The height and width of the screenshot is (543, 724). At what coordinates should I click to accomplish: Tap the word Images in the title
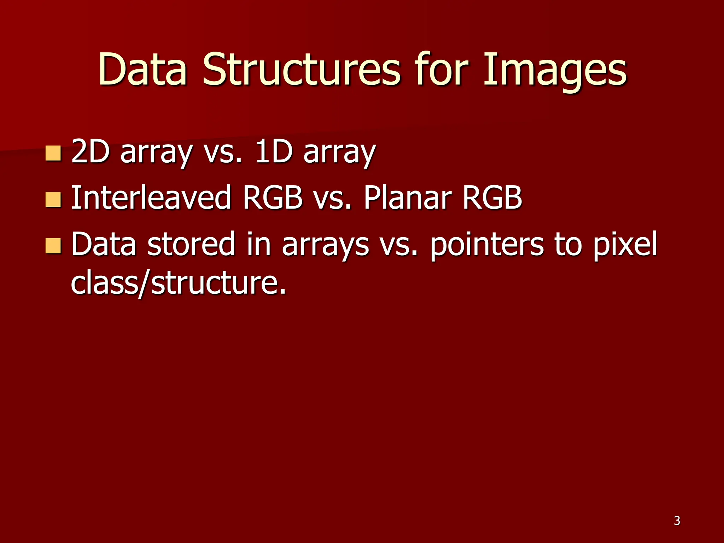pyautogui.click(x=555, y=70)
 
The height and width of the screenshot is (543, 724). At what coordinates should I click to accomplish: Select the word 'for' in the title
pyautogui.click(x=442, y=70)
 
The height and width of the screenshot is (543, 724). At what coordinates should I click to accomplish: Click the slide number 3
pyautogui.click(x=677, y=521)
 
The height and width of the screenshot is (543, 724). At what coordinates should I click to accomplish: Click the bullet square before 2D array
pyautogui.click(x=53, y=153)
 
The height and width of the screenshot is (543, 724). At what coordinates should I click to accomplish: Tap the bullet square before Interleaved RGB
pyautogui.click(x=53, y=200)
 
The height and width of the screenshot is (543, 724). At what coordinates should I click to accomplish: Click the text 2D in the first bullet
pyautogui.click(x=90, y=152)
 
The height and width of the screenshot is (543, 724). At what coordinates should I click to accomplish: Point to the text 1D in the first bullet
pyautogui.click(x=274, y=152)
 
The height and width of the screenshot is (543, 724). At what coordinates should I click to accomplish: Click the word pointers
pyautogui.click(x=487, y=245)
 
